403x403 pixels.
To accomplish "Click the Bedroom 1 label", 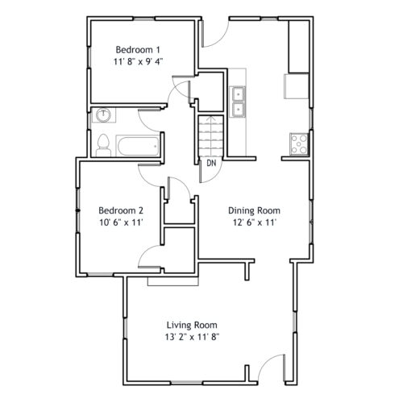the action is pyautogui.click(x=138, y=50).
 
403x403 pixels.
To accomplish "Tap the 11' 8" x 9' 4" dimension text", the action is pyautogui.click(x=138, y=62).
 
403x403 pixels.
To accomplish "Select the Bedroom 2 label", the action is pyautogui.click(x=121, y=210).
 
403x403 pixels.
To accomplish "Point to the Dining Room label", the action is pyautogui.click(x=254, y=210).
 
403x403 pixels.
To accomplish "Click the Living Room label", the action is pyautogui.click(x=192, y=325).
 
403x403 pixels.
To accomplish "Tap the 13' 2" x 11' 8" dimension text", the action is pyautogui.click(x=192, y=337).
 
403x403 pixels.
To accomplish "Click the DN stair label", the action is pyautogui.click(x=211, y=163).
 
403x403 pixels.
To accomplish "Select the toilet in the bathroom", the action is pyautogui.click(x=103, y=145).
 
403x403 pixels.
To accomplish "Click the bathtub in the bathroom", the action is pyautogui.click(x=137, y=146).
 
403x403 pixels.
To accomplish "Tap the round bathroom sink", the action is pyautogui.click(x=103, y=115).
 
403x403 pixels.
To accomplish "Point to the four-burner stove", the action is pyautogui.click(x=299, y=144).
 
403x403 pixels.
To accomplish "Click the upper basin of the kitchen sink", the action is pyautogui.click(x=239, y=93).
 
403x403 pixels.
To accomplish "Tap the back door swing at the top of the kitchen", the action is pyautogui.click(x=215, y=33).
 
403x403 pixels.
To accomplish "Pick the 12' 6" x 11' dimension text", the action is pyautogui.click(x=254, y=222).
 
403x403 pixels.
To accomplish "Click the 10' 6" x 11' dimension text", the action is pyautogui.click(x=121, y=222).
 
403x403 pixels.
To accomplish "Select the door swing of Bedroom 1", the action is pyautogui.click(x=181, y=89).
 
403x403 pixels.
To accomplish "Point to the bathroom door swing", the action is pyautogui.click(x=149, y=121).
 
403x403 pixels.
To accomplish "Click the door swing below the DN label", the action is pyautogui.click(x=210, y=171).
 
